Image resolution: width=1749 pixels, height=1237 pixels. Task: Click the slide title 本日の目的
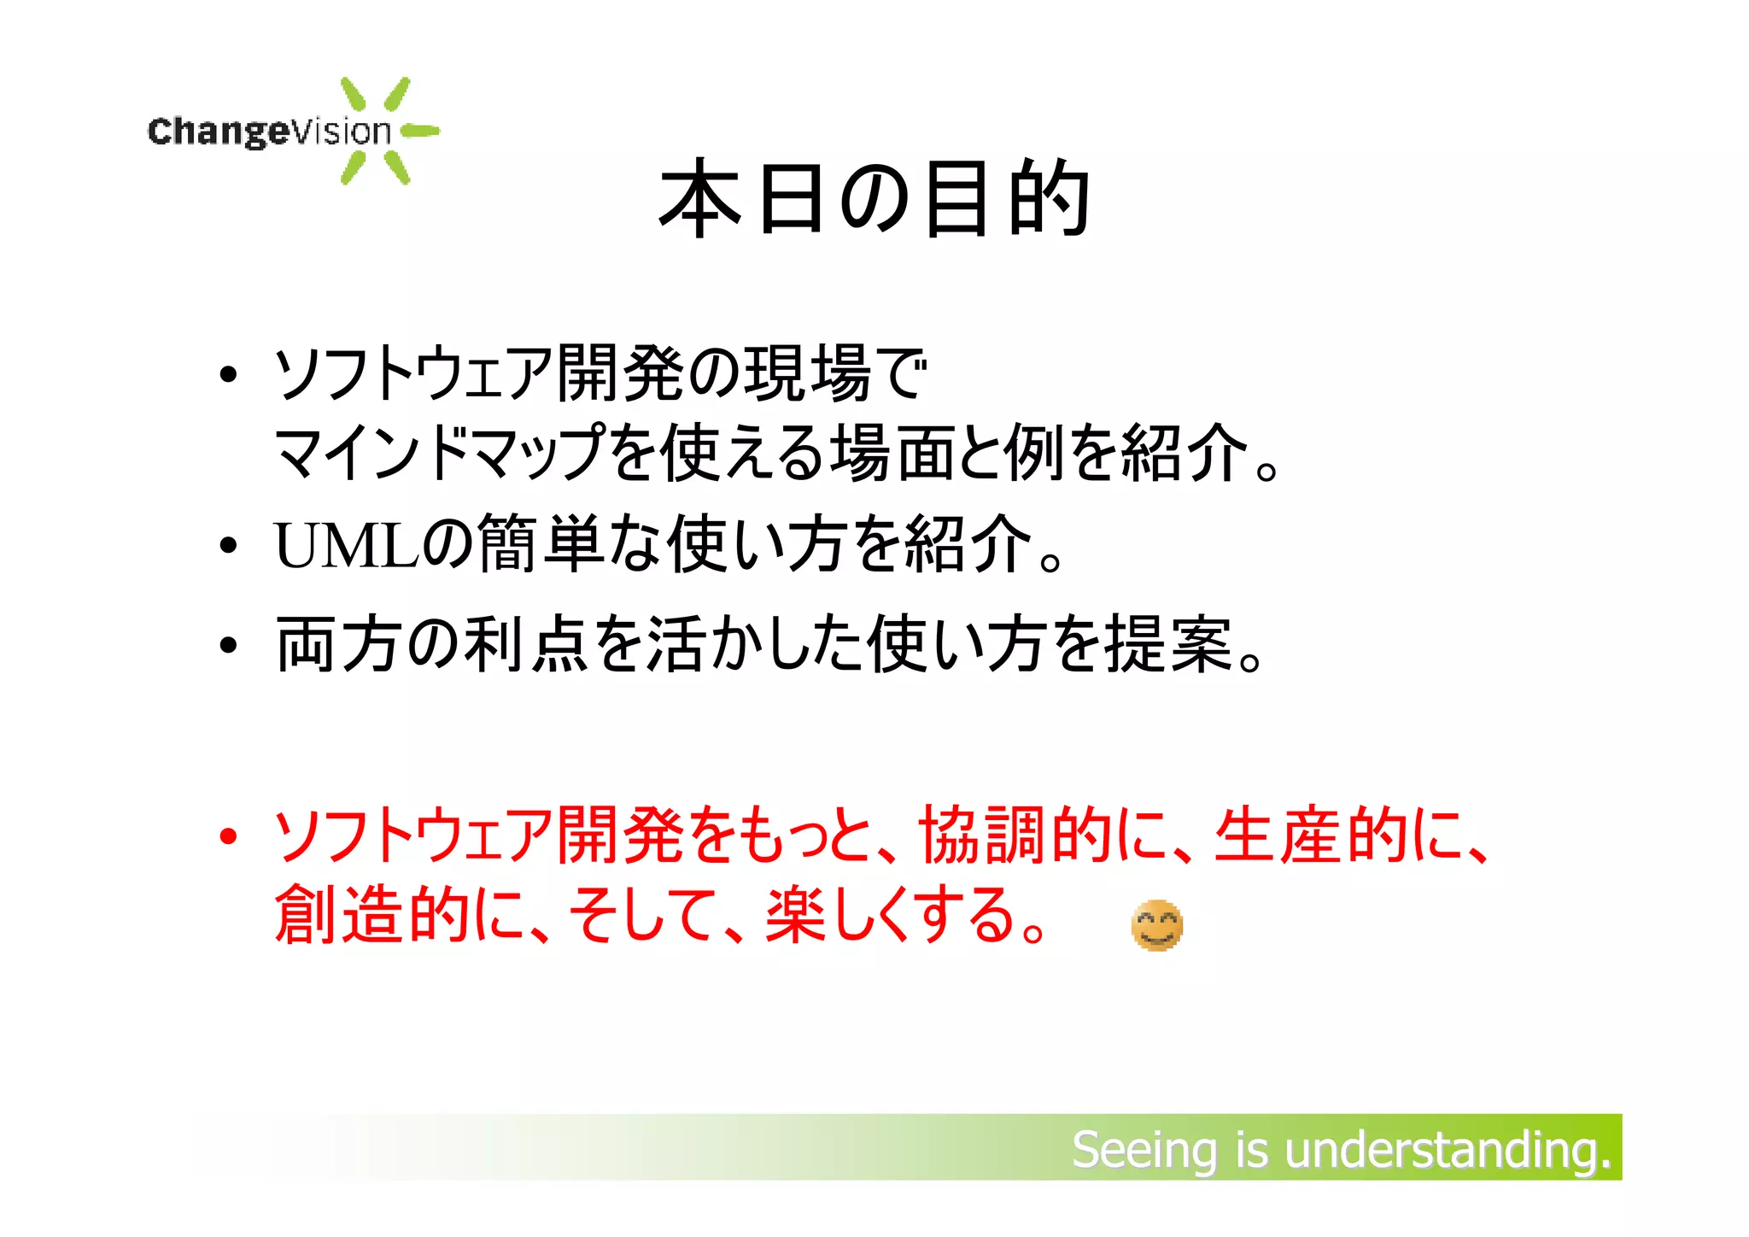tap(874, 198)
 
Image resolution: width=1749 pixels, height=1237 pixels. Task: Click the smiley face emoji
tap(1156, 925)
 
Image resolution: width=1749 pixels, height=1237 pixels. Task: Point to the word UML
tap(346, 545)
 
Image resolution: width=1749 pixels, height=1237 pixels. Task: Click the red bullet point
tap(227, 835)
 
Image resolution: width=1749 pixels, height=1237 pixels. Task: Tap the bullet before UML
tap(227, 545)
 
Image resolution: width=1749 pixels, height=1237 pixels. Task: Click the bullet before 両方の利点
tap(227, 645)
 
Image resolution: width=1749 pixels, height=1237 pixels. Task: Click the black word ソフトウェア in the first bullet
tap(413, 374)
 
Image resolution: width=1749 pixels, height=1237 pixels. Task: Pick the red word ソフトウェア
tap(413, 835)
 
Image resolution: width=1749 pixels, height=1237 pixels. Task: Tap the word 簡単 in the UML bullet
tap(540, 545)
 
